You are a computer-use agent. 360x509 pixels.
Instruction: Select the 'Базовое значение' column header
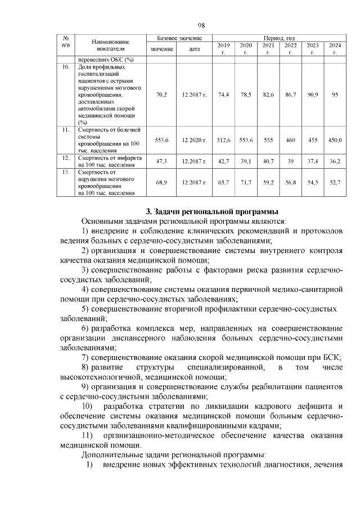coord(178,37)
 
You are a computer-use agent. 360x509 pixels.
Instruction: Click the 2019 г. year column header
coord(223,48)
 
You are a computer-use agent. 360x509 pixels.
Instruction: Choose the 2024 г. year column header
coord(335,48)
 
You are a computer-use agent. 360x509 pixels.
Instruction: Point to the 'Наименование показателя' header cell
coord(110,45)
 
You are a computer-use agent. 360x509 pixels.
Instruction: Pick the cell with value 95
coord(335,94)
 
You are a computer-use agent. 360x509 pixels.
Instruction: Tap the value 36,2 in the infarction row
coord(335,161)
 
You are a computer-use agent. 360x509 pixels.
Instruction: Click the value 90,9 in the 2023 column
coord(312,94)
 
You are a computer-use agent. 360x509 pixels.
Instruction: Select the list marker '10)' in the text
coord(88,406)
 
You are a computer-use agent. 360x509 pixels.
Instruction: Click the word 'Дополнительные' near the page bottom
coord(110,454)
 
